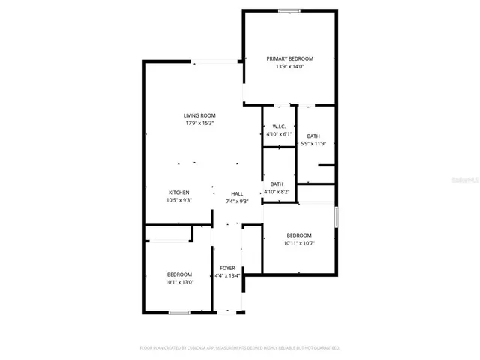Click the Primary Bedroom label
[x=290, y=58]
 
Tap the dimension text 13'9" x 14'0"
[x=290, y=67]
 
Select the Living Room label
[x=199, y=115]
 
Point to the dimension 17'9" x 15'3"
[x=199, y=124]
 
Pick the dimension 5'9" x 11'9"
[x=313, y=143]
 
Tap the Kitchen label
[x=178, y=193]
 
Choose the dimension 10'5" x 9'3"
[x=178, y=201]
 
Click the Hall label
[x=237, y=193]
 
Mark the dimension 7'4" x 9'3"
[x=237, y=201]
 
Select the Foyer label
[x=227, y=268]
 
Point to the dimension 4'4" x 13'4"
[x=227, y=276]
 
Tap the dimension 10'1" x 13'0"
[x=179, y=282]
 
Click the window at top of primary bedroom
[x=289, y=10]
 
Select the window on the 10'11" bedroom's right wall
[x=336, y=217]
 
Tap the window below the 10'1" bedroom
[x=178, y=312]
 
